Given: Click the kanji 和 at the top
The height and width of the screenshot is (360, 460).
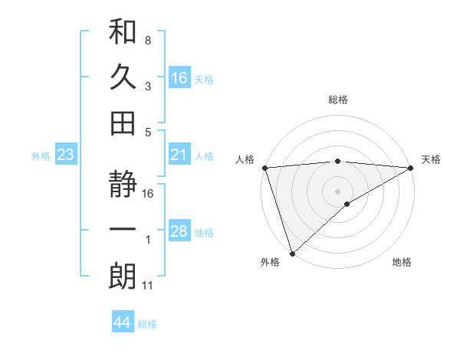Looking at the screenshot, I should [123, 32].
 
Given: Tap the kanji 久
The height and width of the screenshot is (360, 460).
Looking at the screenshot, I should [123, 77].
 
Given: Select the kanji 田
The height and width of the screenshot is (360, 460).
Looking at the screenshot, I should [123, 122].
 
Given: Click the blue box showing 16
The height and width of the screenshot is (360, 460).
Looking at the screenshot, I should [179, 77].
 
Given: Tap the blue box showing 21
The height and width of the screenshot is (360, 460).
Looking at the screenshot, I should [179, 155].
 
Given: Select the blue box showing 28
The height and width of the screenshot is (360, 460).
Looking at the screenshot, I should [179, 231].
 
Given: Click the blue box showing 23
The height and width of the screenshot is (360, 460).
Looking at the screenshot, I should [66, 155].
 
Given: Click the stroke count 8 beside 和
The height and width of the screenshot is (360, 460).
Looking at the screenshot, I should [147, 40].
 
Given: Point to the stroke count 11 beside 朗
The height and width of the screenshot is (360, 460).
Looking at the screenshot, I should [148, 286].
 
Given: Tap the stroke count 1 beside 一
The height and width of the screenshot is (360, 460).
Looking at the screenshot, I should [147, 241].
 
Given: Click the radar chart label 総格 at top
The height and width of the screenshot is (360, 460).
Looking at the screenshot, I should [338, 100].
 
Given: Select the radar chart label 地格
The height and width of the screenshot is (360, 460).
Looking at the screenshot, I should [402, 263].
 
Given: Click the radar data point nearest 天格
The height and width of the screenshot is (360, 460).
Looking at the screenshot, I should [411, 168].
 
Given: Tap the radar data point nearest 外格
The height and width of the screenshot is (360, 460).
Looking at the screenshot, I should [292, 253].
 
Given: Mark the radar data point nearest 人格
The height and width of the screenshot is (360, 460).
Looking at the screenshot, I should [264, 168].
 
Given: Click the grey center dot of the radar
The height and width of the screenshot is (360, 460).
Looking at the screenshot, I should [338, 191].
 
